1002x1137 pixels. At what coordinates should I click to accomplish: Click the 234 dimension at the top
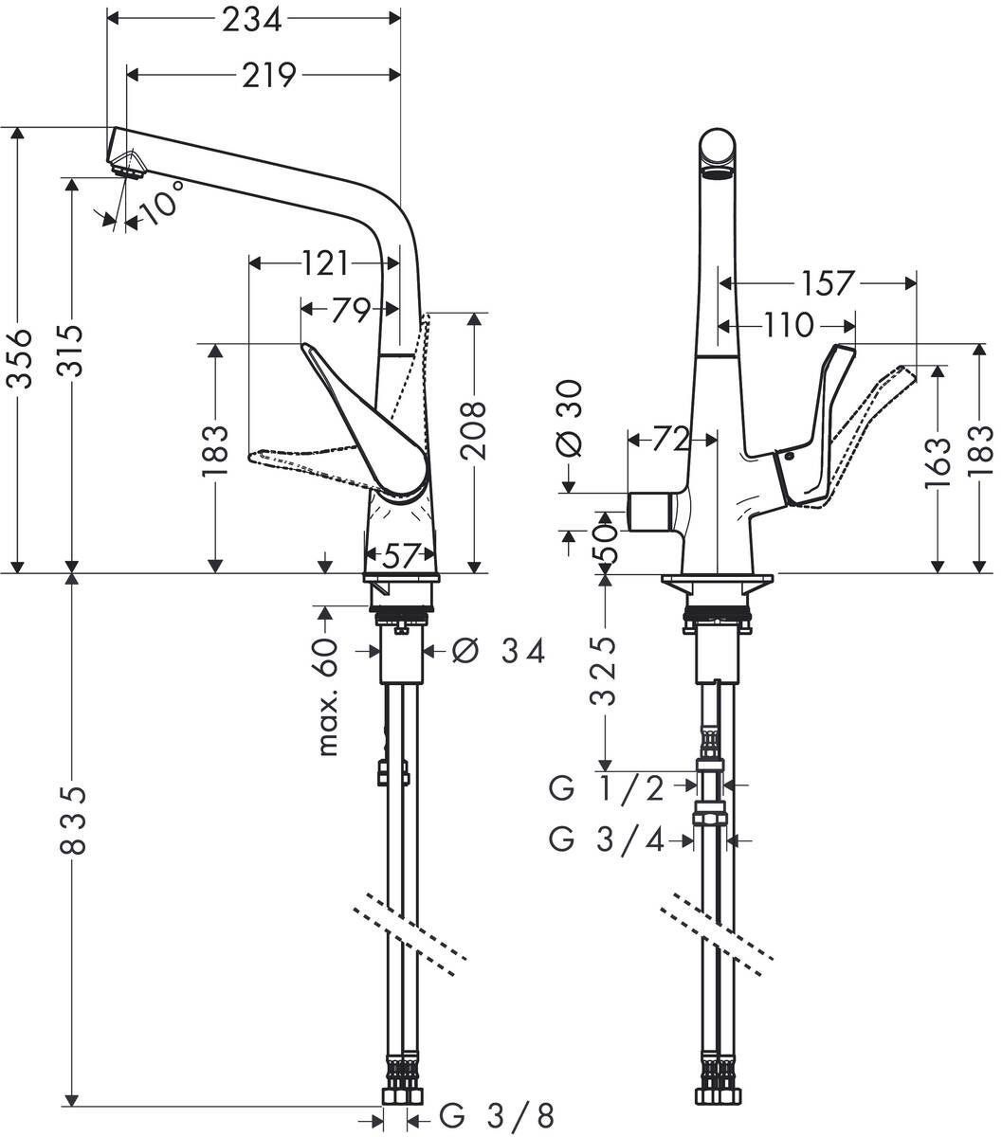click(252, 19)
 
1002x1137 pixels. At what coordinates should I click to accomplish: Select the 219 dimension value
click(266, 75)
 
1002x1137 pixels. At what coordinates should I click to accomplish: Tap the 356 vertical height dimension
click(21, 357)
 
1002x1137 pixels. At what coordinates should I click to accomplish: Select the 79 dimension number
click(350, 310)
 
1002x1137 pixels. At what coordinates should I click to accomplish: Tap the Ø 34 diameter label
click(499, 651)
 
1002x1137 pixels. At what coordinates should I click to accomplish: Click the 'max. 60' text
click(327, 696)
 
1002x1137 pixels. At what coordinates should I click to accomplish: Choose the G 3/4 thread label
click(621, 839)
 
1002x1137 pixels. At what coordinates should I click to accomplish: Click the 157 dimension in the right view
click(827, 282)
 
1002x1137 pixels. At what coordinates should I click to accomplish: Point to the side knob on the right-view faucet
click(653, 514)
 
